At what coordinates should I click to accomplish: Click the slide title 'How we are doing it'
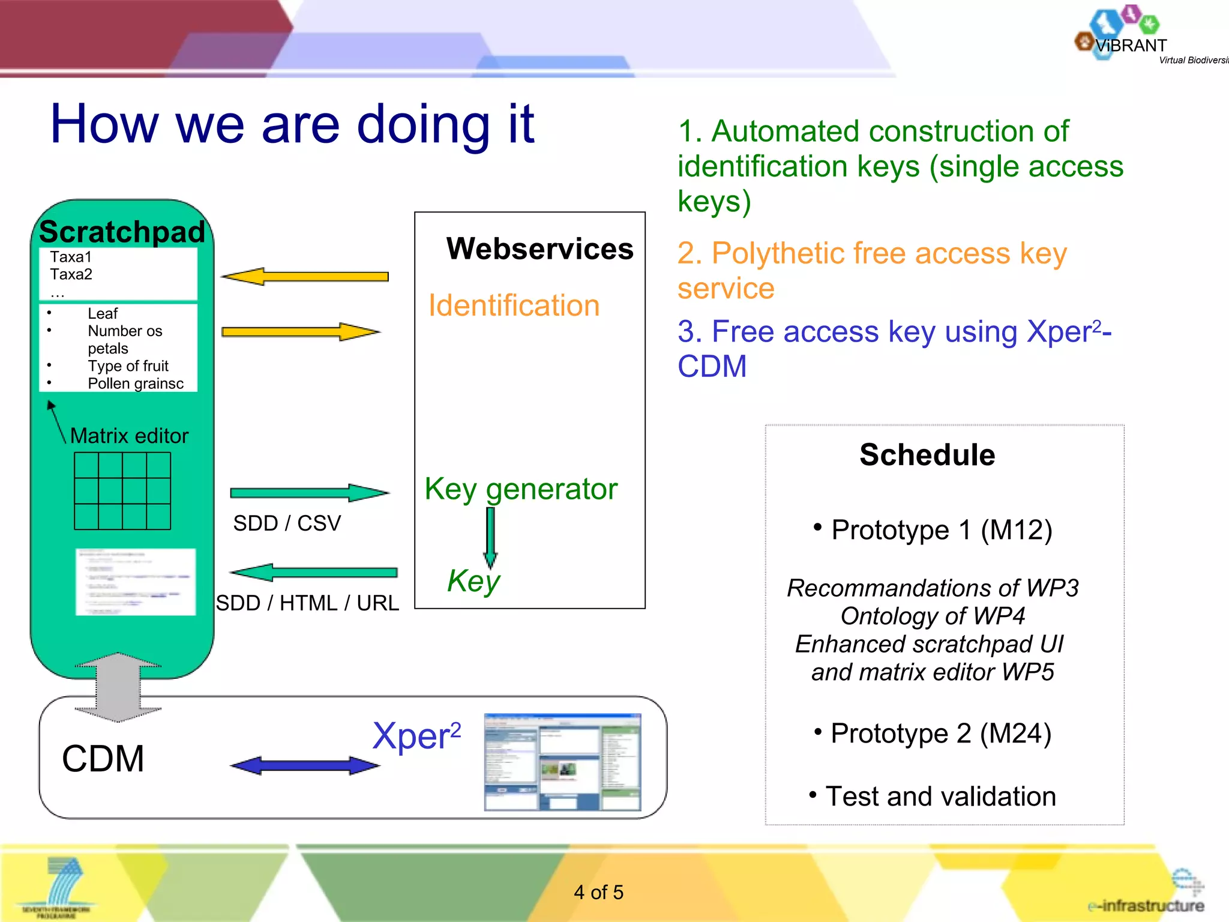pyautogui.click(x=292, y=124)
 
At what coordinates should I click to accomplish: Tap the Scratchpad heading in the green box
pyautogui.click(x=122, y=232)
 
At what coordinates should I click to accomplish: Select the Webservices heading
pyautogui.click(x=539, y=249)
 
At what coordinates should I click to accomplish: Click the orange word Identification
pyautogui.click(x=514, y=305)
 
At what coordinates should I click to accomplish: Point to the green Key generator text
pyautogui.click(x=520, y=489)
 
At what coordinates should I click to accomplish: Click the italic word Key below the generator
pyautogui.click(x=473, y=580)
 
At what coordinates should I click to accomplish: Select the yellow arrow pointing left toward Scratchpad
pyautogui.click(x=305, y=277)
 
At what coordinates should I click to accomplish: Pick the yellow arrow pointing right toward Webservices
pyautogui.click(x=300, y=332)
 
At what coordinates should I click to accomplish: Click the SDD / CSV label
pyautogui.click(x=287, y=523)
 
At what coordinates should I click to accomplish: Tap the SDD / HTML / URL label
pyautogui.click(x=307, y=603)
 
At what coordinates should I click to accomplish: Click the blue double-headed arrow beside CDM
pyautogui.click(x=305, y=765)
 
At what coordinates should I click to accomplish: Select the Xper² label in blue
pyautogui.click(x=416, y=736)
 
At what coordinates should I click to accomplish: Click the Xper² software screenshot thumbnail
pyautogui.click(x=562, y=762)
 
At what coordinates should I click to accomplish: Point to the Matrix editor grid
pyautogui.click(x=122, y=491)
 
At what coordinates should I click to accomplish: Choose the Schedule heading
pyautogui.click(x=927, y=454)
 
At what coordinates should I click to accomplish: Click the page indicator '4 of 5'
pyautogui.click(x=598, y=892)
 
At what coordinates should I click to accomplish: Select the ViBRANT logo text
pyautogui.click(x=1131, y=46)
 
